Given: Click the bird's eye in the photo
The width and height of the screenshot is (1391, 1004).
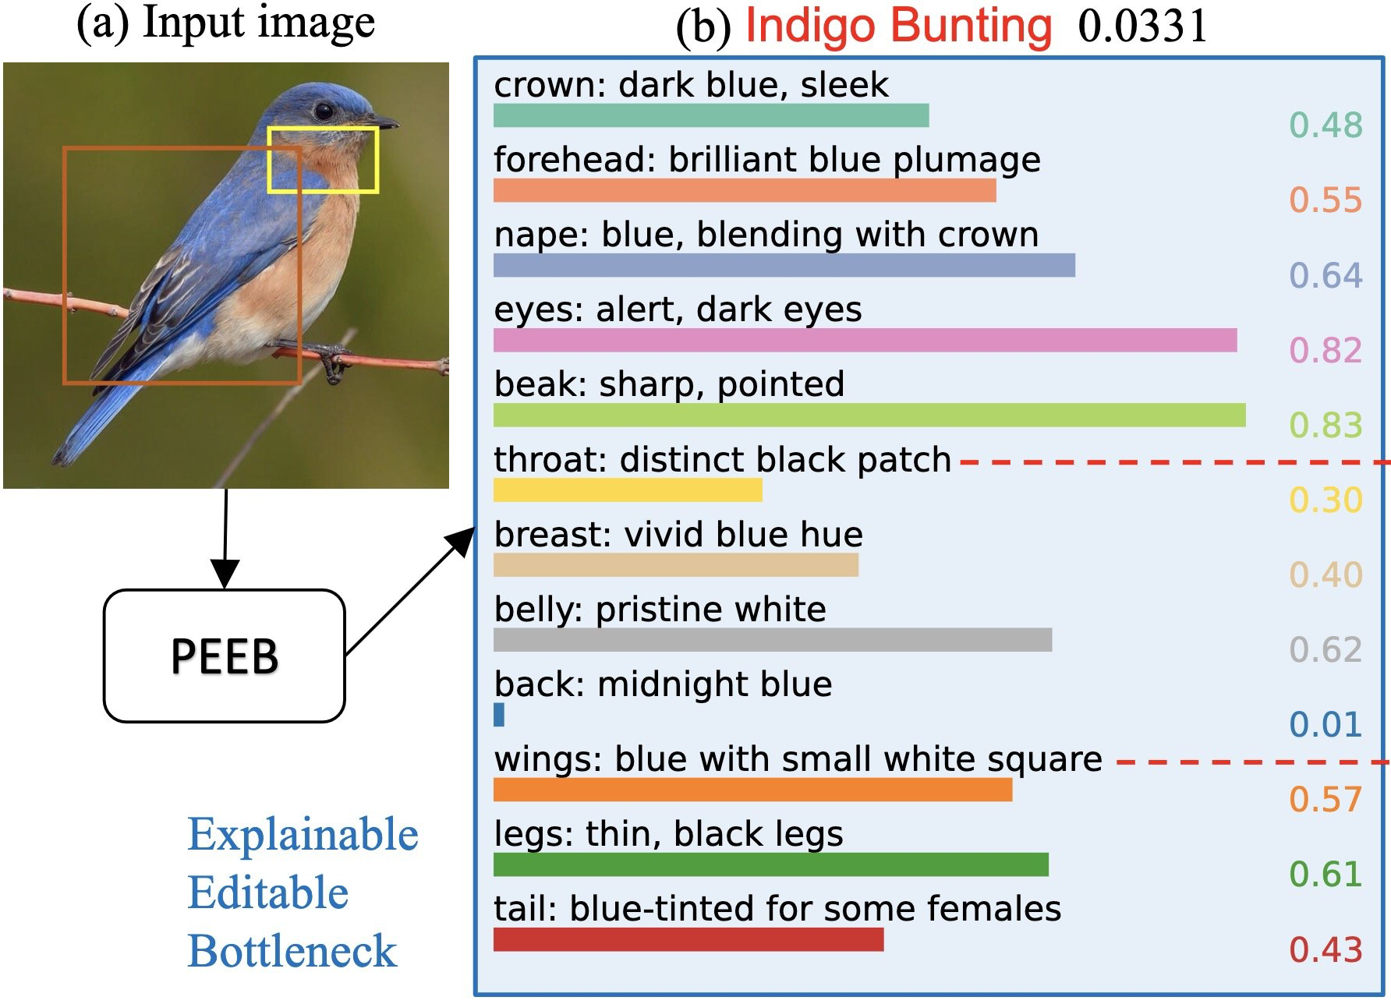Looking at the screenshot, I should [324, 111].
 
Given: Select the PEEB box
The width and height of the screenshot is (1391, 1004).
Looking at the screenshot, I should [225, 656].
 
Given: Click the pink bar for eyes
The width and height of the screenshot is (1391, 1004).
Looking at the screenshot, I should [865, 341].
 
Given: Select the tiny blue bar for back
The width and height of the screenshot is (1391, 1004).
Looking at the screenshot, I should [499, 715].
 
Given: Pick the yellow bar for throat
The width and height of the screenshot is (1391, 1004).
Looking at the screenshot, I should [628, 490].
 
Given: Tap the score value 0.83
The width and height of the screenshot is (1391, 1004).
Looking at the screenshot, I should [1325, 425].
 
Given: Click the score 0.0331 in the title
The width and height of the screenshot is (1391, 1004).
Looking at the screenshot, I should [1142, 26].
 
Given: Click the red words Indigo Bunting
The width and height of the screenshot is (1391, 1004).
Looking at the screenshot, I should [898, 26].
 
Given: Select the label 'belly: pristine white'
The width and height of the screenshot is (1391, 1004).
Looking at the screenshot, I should [660, 610].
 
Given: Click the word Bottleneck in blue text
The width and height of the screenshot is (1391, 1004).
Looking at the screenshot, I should [292, 951].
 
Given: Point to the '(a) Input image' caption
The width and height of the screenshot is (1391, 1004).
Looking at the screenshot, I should [225, 22].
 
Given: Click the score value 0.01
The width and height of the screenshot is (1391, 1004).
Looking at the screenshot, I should [1325, 725].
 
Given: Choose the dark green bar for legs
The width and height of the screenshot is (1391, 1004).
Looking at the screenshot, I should [770, 864].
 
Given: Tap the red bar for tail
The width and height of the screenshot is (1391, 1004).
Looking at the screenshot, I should [688, 940].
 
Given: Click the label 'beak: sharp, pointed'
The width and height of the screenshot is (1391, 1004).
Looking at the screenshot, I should [669, 384].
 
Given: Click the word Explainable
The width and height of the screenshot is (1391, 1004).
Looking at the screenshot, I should [303, 835].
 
